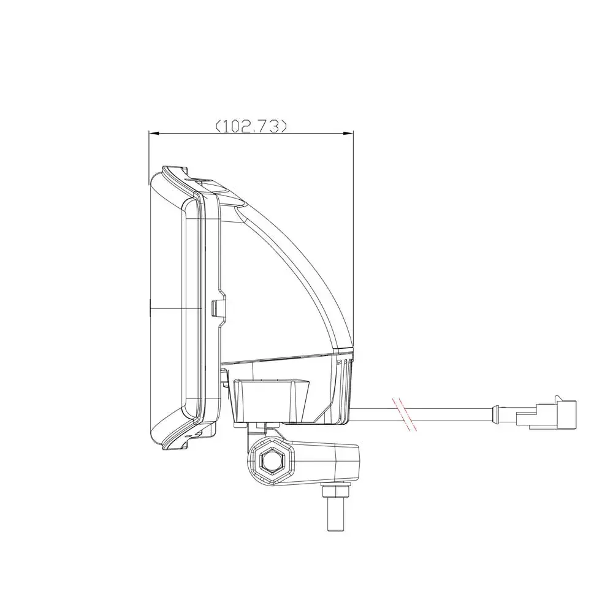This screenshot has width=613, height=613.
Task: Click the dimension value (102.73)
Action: (251, 126)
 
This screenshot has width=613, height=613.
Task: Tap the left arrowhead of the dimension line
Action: (154, 132)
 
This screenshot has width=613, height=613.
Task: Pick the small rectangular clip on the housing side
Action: (216, 308)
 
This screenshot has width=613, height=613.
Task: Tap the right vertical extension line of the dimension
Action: (354, 245)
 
